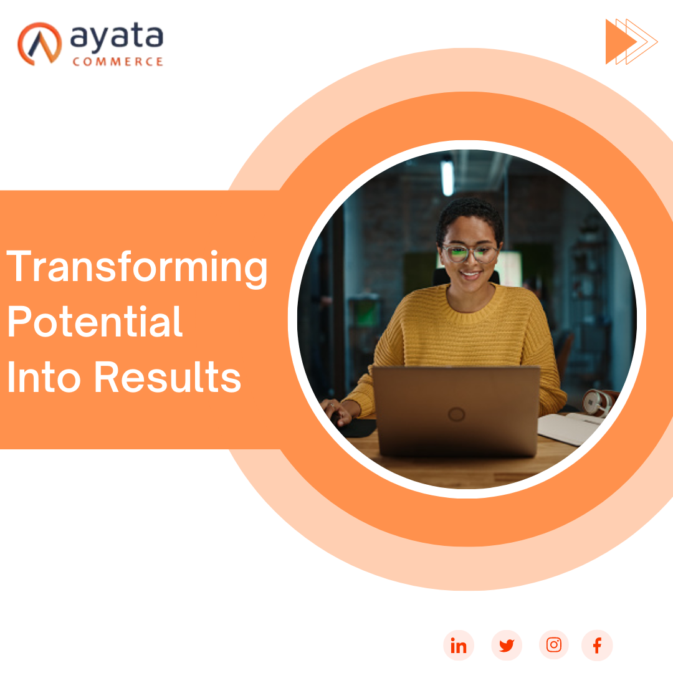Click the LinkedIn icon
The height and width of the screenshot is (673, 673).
click(459, 645)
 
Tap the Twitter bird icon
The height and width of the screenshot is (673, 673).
click(507, 645)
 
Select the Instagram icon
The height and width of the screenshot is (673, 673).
click(554, 645)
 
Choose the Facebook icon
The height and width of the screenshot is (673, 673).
click(597, 645)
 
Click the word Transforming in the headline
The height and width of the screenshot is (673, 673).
click(137, 267)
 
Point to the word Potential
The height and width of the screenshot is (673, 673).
click(95, 322)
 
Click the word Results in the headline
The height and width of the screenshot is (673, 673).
click(168, 377)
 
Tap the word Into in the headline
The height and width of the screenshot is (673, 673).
click(44, 377)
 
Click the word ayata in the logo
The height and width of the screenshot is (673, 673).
click(117, 37)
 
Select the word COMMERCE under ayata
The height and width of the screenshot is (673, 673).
click(118, 62)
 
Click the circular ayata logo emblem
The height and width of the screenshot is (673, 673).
click(39, 44)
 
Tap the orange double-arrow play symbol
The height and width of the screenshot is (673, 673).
click(631, 42)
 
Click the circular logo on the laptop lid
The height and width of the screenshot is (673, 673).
click(456, 414)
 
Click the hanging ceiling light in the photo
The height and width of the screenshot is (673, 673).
click(447, 177)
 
